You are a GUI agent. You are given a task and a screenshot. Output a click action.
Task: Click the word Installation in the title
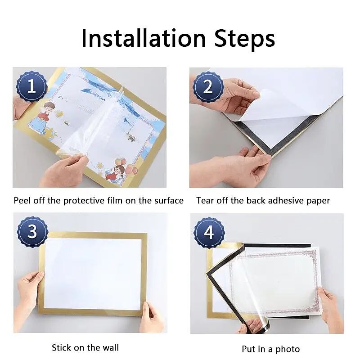[144, 38]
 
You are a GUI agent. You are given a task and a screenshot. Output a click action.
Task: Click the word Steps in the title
[245, 40]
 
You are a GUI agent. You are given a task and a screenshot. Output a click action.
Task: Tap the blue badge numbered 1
[31, 86]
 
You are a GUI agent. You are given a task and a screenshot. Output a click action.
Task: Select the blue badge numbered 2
[208, 87]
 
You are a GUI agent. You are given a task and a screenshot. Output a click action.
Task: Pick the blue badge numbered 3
[32, 231]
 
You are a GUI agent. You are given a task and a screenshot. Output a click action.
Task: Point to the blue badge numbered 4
[209, 233]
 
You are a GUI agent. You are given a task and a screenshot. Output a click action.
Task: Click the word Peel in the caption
[22, 200]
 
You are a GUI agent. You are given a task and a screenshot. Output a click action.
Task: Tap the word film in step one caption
[115, 200]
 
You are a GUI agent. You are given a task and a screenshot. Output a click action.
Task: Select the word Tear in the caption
[205, 200]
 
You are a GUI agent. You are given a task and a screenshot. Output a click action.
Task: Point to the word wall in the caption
[111, 347]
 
